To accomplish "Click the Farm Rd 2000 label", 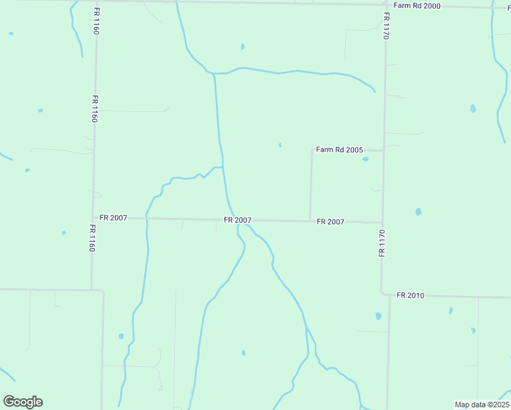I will (417, 5).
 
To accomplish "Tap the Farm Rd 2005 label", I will (339, 150).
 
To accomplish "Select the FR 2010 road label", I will (411, 295).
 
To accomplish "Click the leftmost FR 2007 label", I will (113, 217).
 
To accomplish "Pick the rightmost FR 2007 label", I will (331, 221).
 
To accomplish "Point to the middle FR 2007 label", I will (238, 220).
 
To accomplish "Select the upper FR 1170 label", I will (386, 26).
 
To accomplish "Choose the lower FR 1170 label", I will (382, 243).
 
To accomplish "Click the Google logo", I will (23, 402).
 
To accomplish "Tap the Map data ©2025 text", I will (482, 405).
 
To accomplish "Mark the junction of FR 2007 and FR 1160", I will (93, 218).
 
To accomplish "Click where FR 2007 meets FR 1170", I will (383, 222).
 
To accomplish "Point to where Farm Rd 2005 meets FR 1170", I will (384, 150).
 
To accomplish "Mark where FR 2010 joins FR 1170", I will (383, 295).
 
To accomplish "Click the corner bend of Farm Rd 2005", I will (312, 150).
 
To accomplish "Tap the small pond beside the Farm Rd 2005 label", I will (365, 159).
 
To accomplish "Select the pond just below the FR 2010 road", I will (378, 316).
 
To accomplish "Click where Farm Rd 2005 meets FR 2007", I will (310, 221).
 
